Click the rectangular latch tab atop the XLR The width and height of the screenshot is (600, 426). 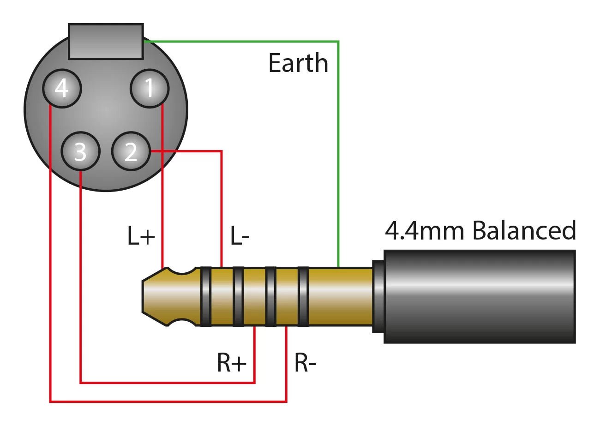tap(106, 42)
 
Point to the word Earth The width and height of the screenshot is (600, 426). tap(298, 63)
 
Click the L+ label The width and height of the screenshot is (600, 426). tap(141, 237)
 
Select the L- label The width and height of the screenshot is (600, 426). tap(240, 237)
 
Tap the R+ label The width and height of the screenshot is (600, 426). tap(232, 363)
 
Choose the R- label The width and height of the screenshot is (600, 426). tap(306, 363)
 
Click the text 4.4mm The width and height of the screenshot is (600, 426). tap(425, 231)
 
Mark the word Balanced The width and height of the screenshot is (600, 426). tap(524, 231)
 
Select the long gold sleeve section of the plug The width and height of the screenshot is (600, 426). tap(340, 296)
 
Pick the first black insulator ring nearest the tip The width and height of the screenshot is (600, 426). tap(205, 296)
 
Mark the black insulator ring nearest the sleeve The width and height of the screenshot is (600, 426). tap(303, 296)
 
